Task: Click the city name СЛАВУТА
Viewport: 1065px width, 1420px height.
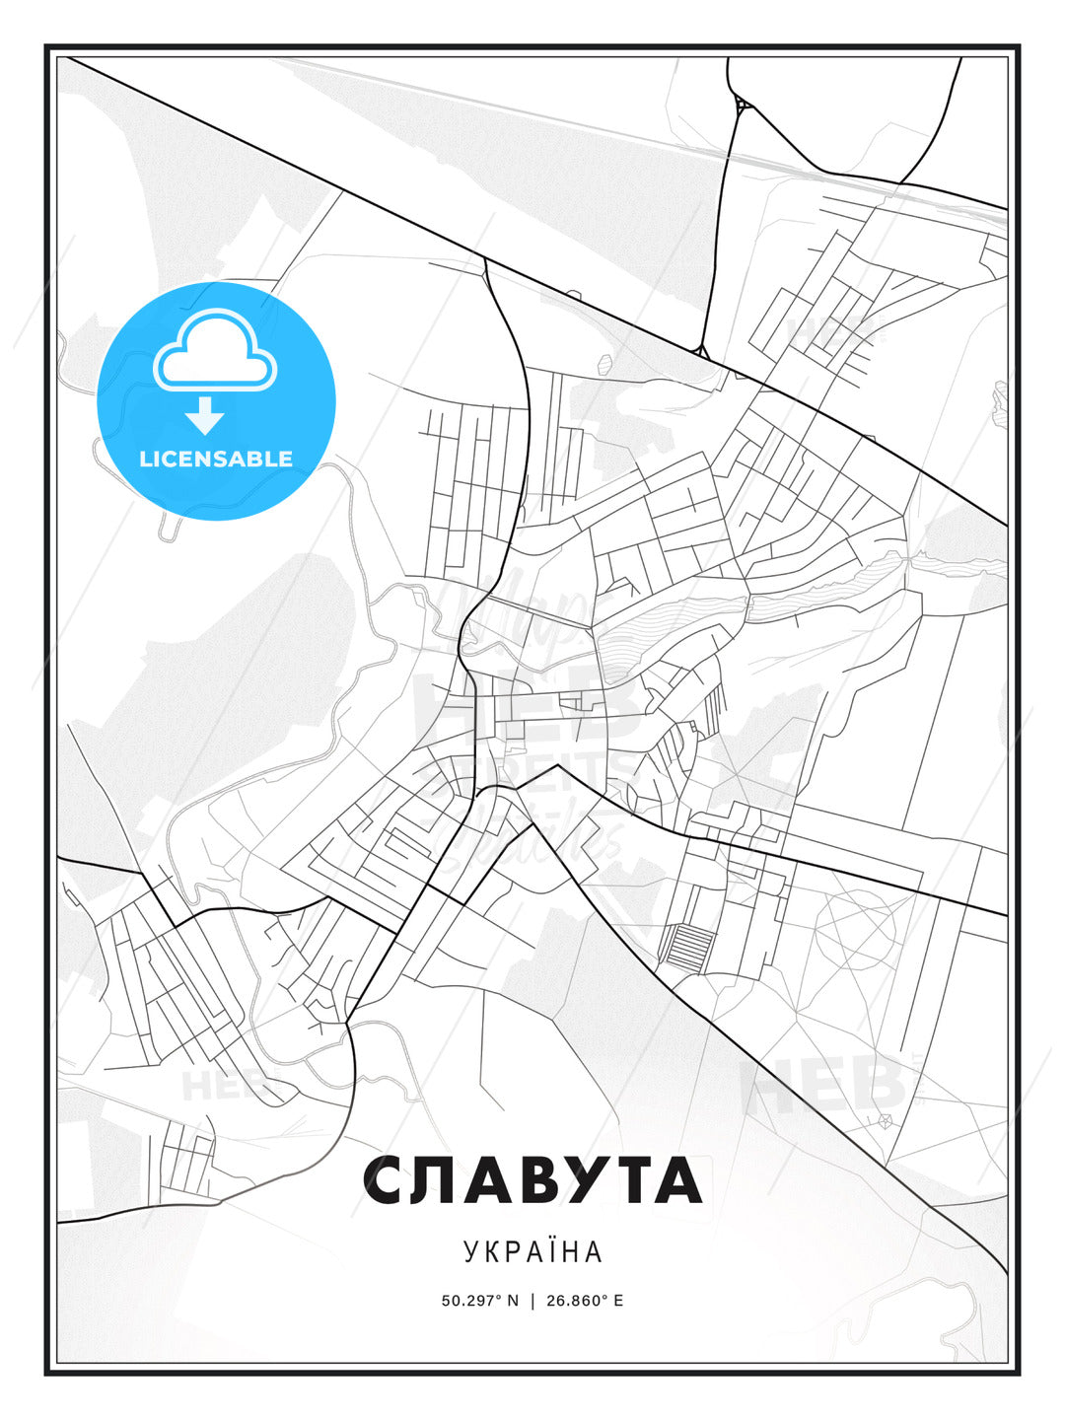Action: pos(532,1181)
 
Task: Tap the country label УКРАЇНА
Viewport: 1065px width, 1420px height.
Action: pos(532,1252)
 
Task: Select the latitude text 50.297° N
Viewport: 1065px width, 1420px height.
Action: pos(480,1301)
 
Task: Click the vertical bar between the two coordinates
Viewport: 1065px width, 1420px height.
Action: pos(532,1301)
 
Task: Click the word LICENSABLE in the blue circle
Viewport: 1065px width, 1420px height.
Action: pos(216,459)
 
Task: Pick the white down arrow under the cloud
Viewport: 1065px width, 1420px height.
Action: pos(205,415)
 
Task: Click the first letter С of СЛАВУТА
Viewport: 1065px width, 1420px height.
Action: pos(389,1181)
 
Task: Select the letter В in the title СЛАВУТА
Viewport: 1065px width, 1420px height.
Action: pos(532,1181)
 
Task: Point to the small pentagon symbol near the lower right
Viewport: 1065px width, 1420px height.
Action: pos(885,1121)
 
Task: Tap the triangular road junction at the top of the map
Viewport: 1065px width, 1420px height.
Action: pos(742,104)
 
